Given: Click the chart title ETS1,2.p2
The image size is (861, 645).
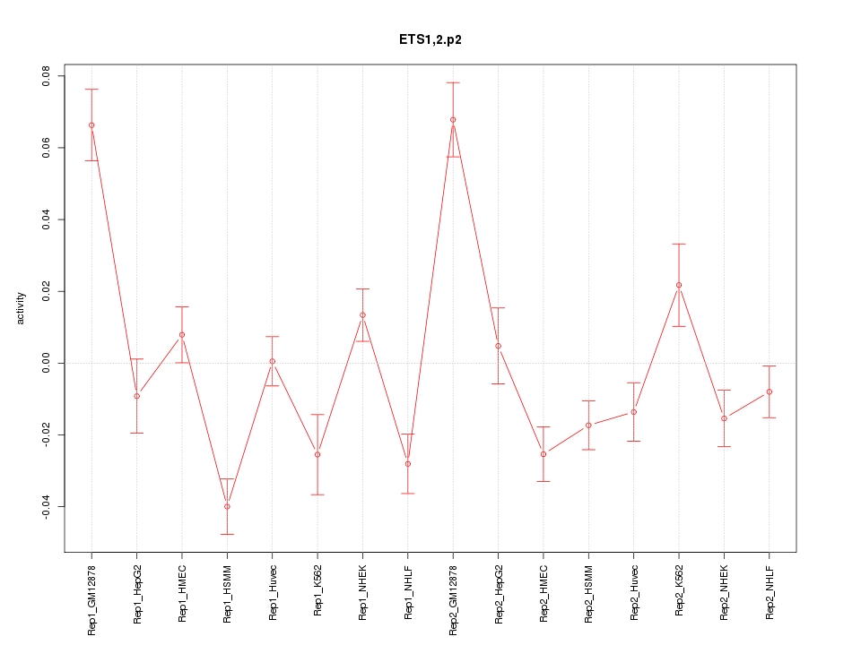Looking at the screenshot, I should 430,40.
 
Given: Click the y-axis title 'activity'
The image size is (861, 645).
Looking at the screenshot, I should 21,309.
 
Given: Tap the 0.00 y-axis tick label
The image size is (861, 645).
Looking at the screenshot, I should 48,363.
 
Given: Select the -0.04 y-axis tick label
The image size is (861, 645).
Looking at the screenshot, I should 48,506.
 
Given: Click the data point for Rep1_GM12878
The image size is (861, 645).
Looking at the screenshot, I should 91,125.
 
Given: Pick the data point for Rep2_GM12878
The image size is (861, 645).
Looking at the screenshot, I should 453,119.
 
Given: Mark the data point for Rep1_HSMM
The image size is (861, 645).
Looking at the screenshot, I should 227,506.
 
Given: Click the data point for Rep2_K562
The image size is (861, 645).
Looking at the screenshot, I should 679,285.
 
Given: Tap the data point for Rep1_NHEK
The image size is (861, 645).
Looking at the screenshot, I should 362,314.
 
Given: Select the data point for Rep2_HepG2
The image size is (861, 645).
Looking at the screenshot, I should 498,346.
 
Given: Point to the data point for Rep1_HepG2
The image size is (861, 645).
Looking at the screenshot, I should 136,396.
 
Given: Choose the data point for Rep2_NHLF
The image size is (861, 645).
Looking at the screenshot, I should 770,391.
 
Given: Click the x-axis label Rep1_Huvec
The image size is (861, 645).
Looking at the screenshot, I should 273,592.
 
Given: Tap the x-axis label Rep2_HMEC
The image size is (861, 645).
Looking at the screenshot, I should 544,592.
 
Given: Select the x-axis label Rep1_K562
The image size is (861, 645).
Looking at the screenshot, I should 317,590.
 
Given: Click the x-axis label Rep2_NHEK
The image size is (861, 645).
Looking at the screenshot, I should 725,592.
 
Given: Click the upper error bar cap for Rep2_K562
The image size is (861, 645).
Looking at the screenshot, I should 679,244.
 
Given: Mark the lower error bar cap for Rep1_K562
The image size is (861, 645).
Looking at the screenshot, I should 317,494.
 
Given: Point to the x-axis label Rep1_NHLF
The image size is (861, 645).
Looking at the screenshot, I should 408,591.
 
